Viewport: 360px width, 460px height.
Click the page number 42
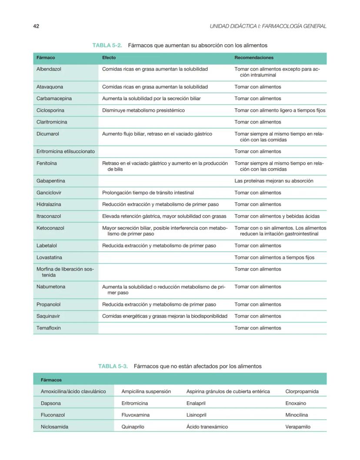(36, 26)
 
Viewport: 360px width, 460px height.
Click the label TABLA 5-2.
(107, 45)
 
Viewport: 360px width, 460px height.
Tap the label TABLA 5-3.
(113, 366)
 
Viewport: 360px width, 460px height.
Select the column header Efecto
(109, 57)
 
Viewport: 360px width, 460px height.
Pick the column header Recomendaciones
(254, 57)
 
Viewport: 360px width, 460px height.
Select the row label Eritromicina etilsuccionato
(64, 151)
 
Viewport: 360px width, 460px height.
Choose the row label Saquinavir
(49, 316)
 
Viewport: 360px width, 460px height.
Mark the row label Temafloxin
(49, 328)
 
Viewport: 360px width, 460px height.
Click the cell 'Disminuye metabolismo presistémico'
(143, 110)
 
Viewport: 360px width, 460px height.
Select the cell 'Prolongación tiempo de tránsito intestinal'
(148, 193)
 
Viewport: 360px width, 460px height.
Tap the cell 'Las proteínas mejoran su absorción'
(274, 181)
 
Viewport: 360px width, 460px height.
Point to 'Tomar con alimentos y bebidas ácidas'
(277, 216)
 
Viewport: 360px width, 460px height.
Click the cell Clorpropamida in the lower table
(302, 391)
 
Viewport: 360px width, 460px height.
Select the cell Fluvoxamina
(135, 415)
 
